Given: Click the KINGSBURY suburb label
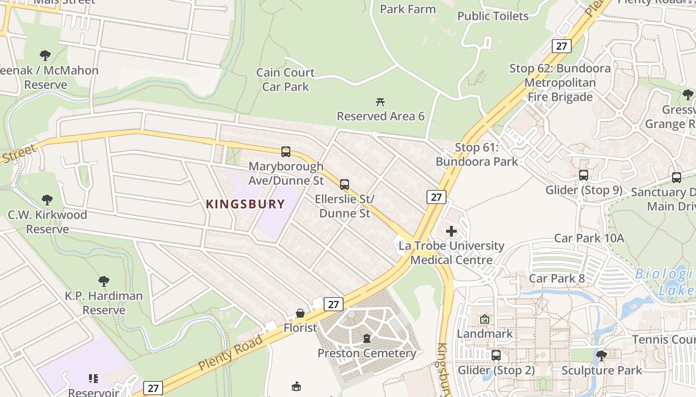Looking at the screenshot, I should [246, 204].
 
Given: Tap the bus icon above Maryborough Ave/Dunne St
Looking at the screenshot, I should [286, 152].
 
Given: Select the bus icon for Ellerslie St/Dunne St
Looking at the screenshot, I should [345, 185].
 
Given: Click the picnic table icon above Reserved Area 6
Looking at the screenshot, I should [380, 102].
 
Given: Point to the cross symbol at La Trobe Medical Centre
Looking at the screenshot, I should [451, 231].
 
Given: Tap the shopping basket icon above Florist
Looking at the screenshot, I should [300, 313].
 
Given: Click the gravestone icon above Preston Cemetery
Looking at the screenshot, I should [367, 338].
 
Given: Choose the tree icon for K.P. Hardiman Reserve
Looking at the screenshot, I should [104, 281].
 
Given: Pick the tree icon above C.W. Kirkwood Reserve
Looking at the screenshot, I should [47, 200].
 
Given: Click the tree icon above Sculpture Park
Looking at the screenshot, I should [602, 355].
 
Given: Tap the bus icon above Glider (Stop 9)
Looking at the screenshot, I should [584, 175].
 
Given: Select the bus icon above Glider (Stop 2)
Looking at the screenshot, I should [496, 355].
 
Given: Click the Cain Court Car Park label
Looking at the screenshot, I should [285, 79].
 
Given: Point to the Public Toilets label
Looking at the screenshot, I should [493, 16].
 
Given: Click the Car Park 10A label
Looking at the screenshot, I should [589, 238].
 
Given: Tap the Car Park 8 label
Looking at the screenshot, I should [557, 278].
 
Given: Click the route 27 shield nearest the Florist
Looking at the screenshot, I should [333, 304].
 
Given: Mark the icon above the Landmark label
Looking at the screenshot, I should [485, 319].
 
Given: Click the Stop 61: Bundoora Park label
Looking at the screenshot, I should [477, 154].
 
